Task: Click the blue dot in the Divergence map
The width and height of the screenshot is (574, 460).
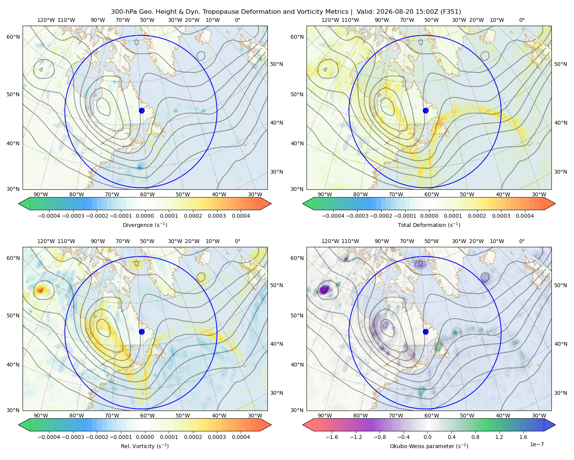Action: tap(142, 110)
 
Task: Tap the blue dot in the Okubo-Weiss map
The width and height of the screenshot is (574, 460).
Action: tap(426, 332)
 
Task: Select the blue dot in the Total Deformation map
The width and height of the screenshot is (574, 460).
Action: tap(426, 110)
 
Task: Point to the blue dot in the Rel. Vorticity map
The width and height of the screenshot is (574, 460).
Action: tap(142, 332)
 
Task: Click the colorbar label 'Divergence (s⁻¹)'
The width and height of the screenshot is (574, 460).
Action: tap(145, 225)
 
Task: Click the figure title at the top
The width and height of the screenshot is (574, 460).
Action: tap(286, 12)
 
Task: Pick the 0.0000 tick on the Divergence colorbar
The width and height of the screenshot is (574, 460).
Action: tap(145, 216)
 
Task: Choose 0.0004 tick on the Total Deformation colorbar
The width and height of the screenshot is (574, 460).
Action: tap(525, 216)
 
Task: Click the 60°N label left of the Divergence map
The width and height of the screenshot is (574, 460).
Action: tap(13, 37)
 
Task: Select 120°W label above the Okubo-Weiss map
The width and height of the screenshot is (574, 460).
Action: tap(330, 241)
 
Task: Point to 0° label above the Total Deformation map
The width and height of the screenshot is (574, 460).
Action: tap(522, 20)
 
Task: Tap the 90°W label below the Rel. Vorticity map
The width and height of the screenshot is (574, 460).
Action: tap(41, 416)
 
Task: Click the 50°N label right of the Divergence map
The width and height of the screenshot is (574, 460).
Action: tap(277, 64)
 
